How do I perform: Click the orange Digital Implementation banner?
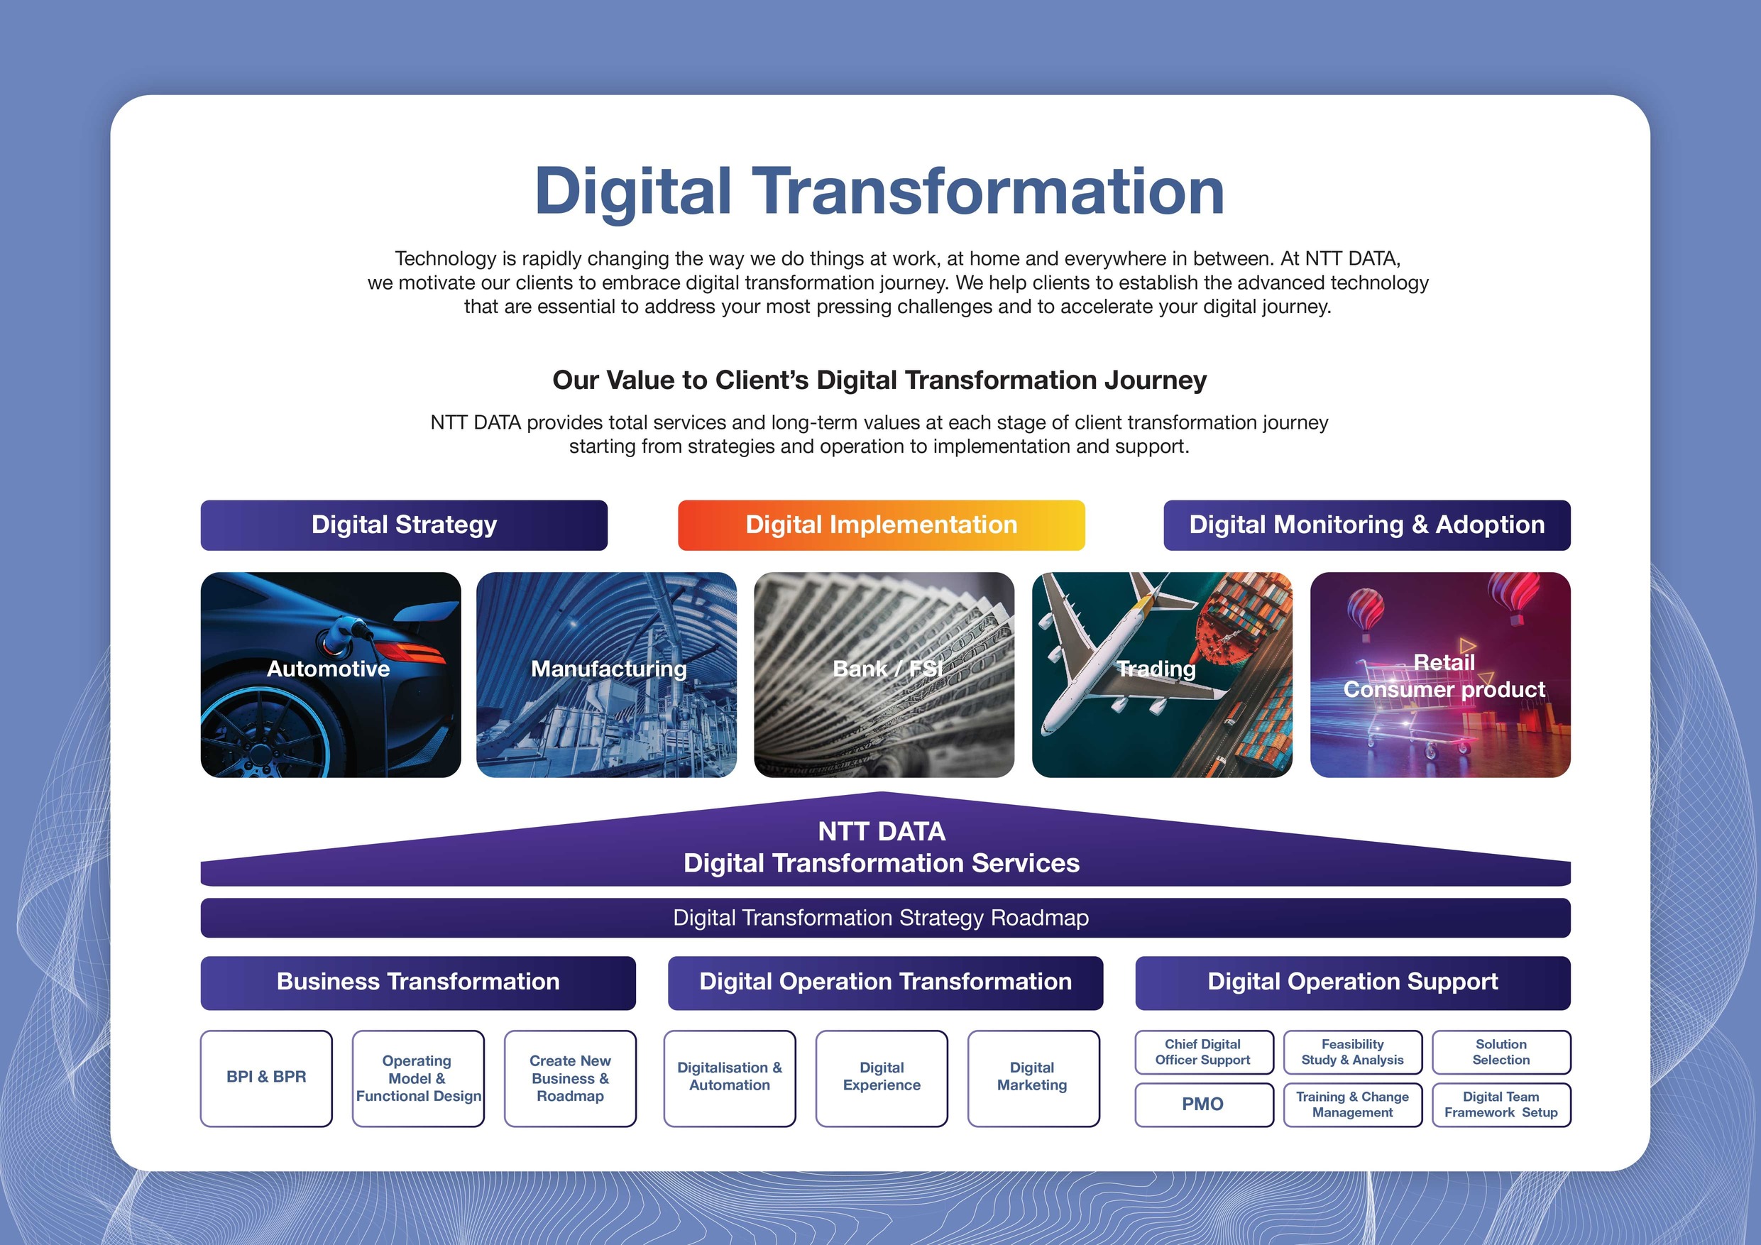coord(882,525)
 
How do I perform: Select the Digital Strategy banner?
coord(404,525)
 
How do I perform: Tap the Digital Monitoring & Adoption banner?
coord(1367,525)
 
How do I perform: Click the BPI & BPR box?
coord(266,1077)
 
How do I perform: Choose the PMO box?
coord(1203,1104)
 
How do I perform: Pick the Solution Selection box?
coord(1501,1052)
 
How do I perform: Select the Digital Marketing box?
coord(1033,1077)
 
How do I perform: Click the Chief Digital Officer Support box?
coord(1203,1052)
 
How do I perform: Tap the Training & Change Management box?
coord(1352,1104)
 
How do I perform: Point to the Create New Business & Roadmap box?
coord(570,1077)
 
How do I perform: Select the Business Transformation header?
coord(418,982)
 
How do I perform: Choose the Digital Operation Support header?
coord(1352,982)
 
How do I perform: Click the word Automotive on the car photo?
coord(328,669)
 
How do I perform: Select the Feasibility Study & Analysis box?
coord(1352,1052)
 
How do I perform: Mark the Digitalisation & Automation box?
coord(730,1077)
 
